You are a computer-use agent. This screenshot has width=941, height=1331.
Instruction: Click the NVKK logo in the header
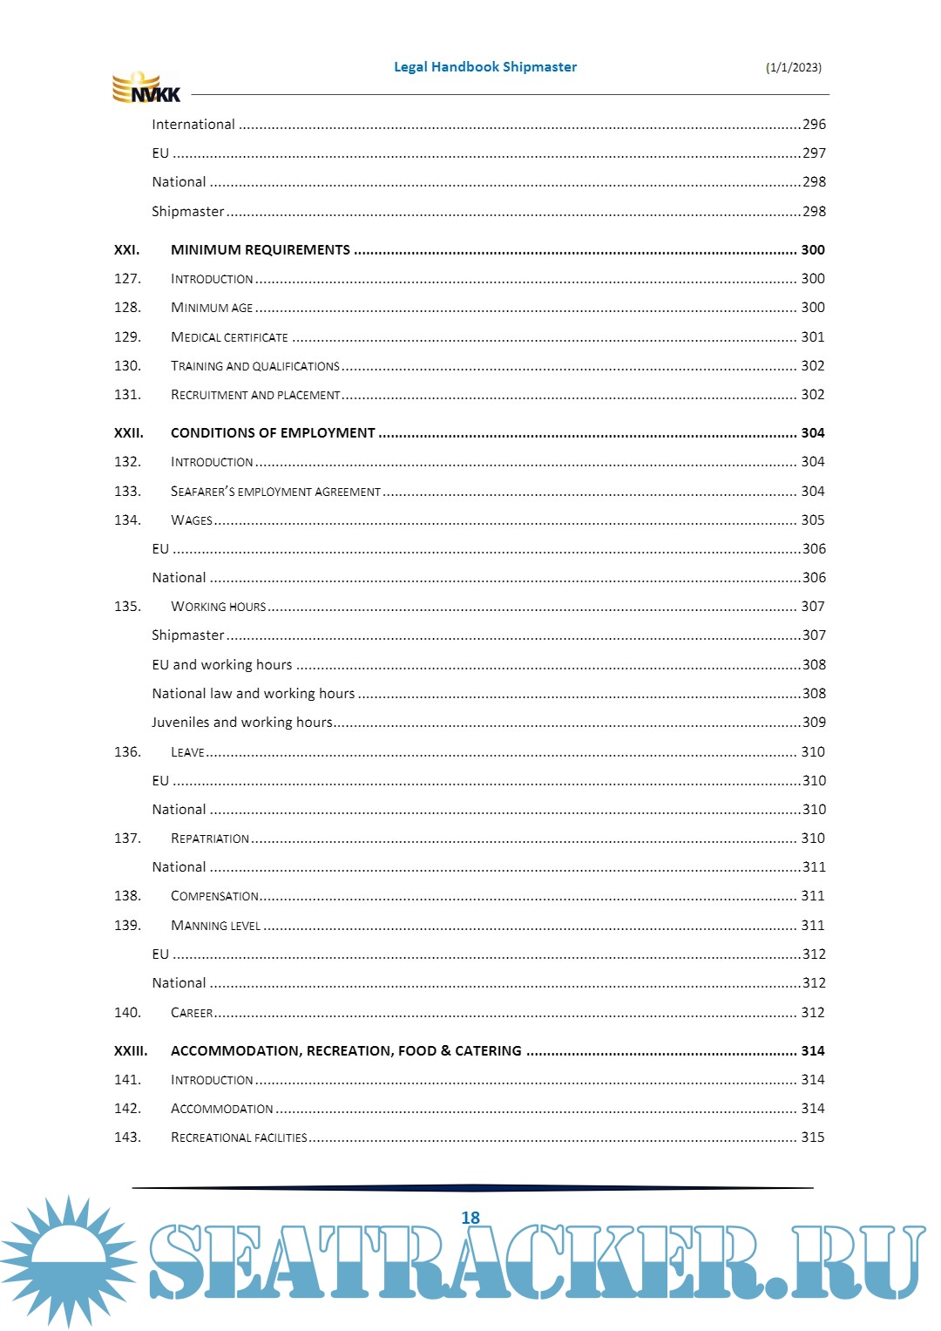pos(146,88)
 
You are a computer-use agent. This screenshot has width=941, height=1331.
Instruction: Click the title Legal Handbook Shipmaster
pos(485,67)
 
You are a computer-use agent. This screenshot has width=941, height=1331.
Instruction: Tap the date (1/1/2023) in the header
pos(793,68)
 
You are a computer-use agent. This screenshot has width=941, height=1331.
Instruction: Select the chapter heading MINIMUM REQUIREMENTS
pos(260,250)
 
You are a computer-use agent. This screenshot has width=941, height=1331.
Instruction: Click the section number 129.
pos(127,337)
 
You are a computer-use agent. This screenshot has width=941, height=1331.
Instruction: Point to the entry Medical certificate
pos(229,337)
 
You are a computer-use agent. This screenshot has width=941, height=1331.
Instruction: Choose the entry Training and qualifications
pos(254,366)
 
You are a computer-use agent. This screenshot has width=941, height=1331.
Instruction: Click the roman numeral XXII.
pos(128,433)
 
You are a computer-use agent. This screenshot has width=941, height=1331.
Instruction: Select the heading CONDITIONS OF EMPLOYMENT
pos(273,433)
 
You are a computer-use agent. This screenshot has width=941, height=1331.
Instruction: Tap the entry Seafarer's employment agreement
pos(275,492)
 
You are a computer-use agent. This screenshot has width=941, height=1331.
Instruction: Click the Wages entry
pos(192,520)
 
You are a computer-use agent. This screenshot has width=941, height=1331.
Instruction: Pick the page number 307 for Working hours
pos(812,607)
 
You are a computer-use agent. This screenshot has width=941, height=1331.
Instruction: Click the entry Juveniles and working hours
pos(241,723)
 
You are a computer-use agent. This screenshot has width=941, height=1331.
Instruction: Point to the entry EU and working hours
pos(221,665)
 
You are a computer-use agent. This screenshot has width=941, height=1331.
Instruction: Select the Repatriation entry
pos(210,839)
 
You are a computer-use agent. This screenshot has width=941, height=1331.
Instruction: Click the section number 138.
pos(127,896)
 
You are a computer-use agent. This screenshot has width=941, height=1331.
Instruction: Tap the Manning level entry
pos(215,926)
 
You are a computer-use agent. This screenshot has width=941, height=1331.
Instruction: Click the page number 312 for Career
pos(812,1013)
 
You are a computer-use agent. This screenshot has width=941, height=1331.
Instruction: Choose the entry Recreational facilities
pos(239,1137)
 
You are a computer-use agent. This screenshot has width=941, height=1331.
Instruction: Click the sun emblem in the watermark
pos(68,1260)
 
